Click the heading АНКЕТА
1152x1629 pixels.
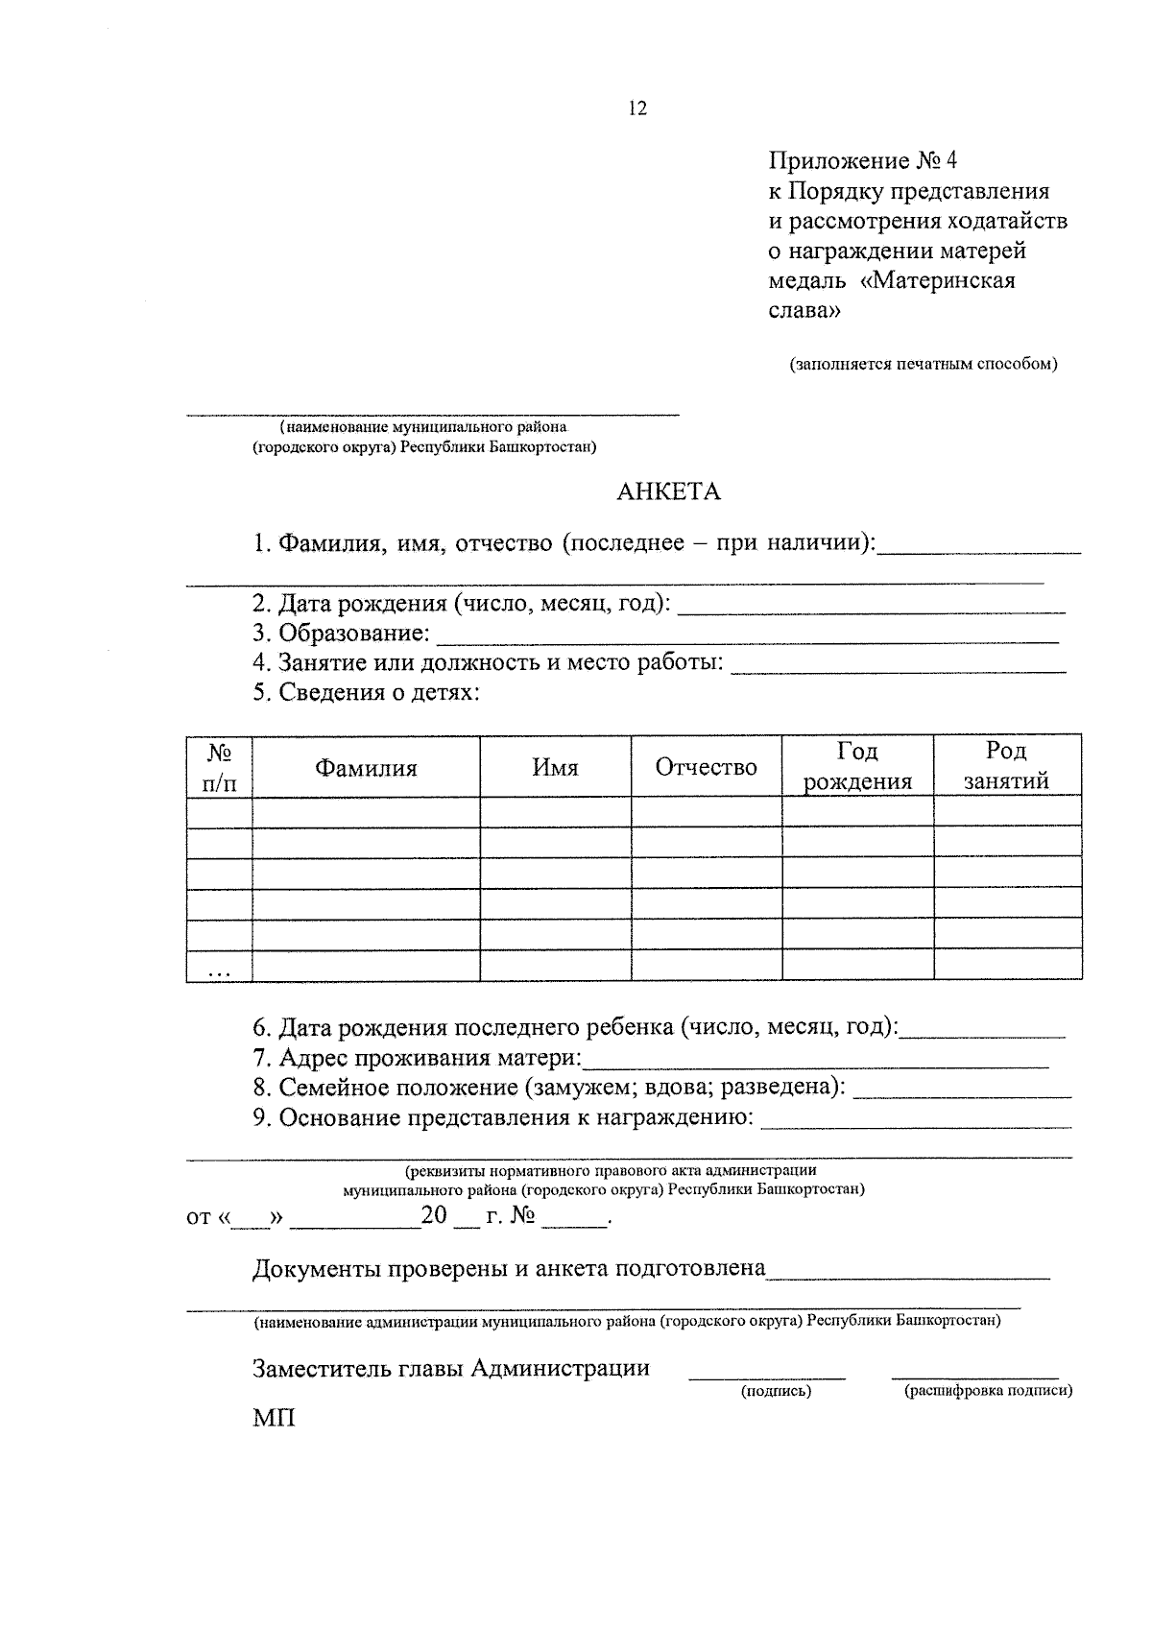point(668,492)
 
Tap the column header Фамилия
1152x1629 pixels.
point(367,768)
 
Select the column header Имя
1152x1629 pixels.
point(556,768)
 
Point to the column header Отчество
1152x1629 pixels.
point(706,768)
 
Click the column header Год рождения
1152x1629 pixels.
point(857,766)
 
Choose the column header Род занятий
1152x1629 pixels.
point(1006,766)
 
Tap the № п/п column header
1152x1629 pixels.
point(220,766)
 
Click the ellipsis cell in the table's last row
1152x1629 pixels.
point(220,970)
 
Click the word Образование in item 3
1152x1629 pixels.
point(352,634)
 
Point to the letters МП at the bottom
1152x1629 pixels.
point(275,1418)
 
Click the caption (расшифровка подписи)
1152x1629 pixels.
point(988,1391)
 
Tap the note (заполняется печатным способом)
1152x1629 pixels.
point(923,365)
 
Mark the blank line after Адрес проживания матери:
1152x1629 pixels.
point(816,1064)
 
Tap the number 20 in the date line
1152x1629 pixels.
point(435,1215)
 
